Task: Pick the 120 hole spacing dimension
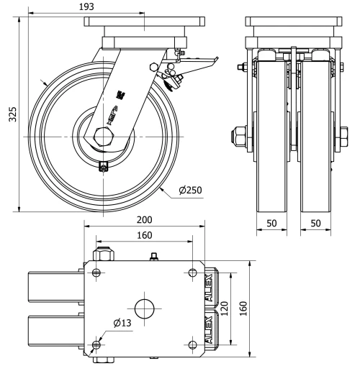[x=225, y=308]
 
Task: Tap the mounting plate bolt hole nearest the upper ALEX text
[x=192, y=272]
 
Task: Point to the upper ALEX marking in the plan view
[x=210, y=285]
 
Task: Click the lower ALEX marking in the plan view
[x=210, y=330]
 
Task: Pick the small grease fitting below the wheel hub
[x=103, y=168]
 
